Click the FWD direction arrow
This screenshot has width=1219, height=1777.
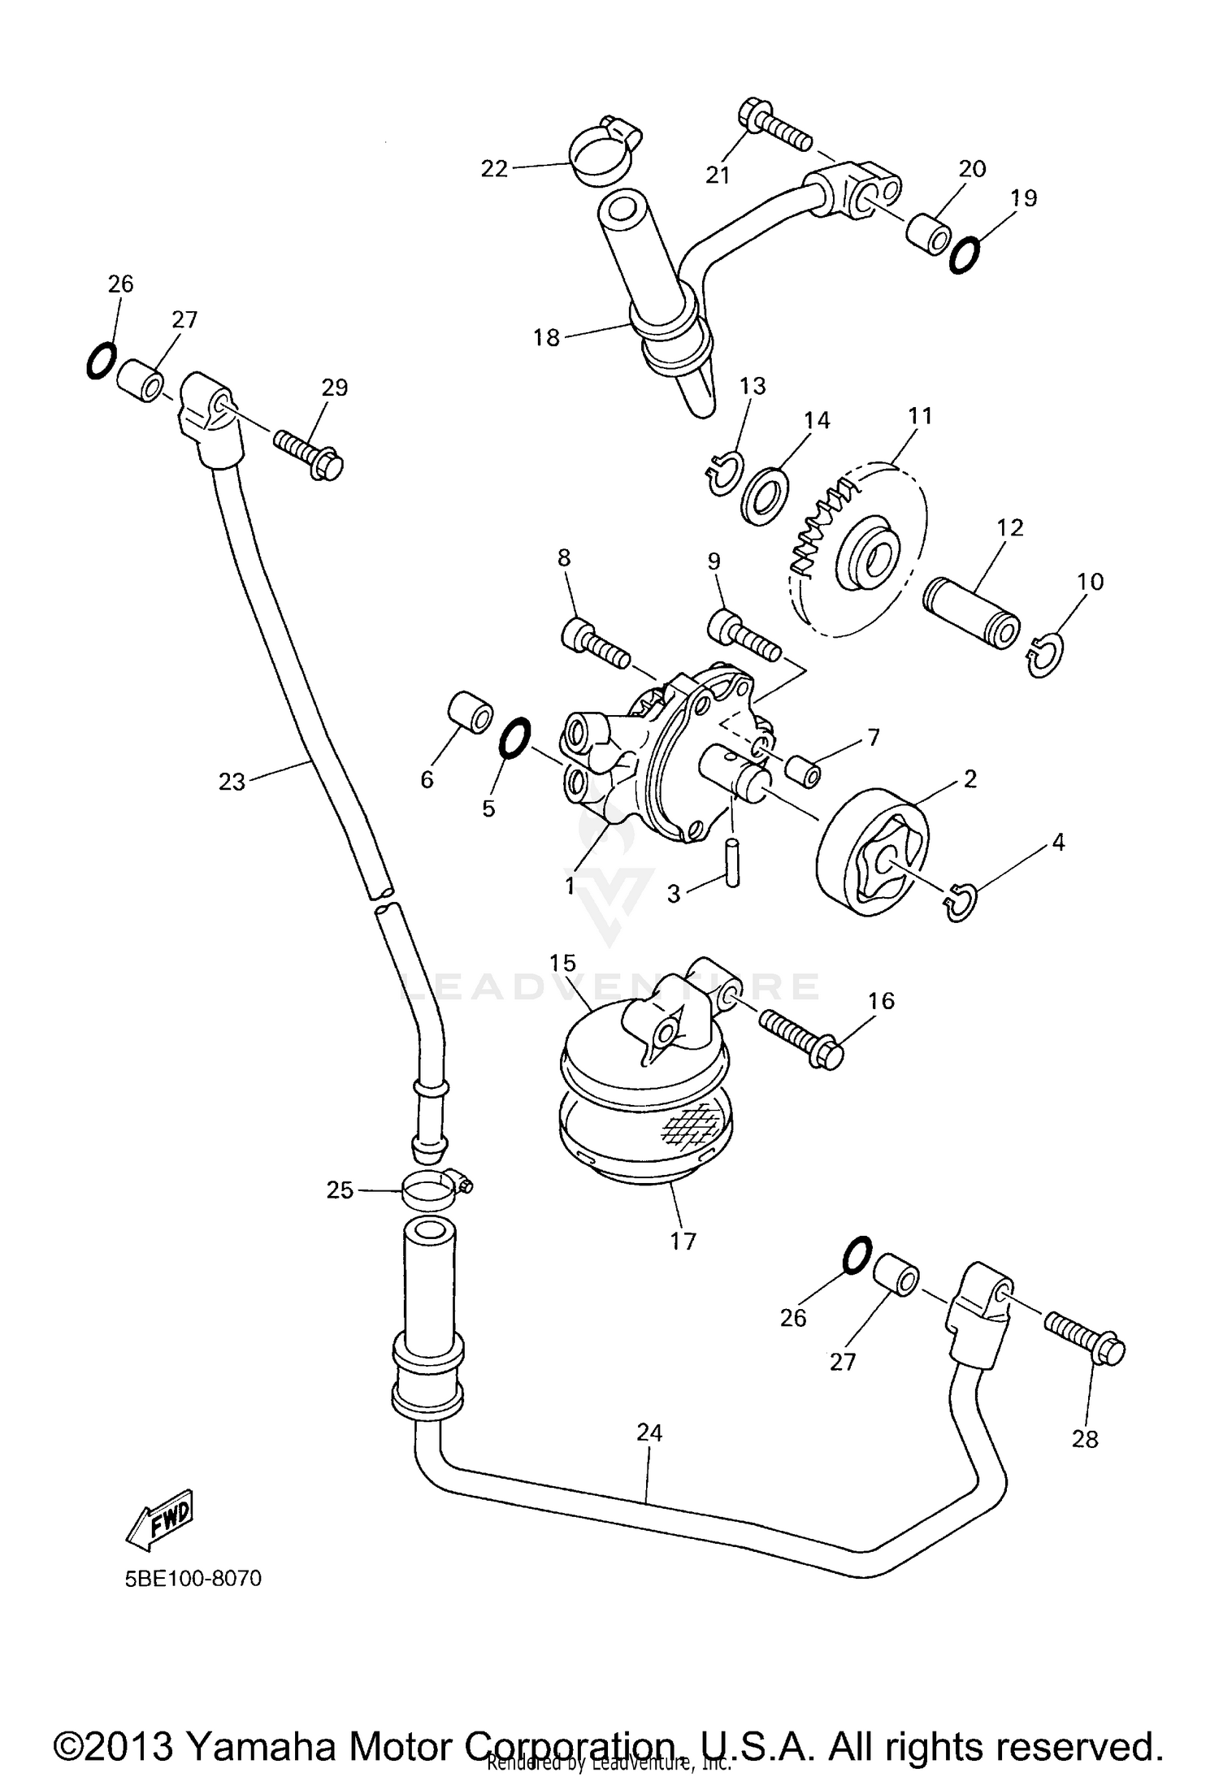[x=160, y=1517]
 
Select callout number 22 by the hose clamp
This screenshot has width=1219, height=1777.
[x=494, y=168]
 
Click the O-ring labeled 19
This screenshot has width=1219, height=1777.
[x=965, y=254]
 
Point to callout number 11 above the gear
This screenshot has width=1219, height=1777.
[x=920, y=416]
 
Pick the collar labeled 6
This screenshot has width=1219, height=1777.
[x=471, y=713]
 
